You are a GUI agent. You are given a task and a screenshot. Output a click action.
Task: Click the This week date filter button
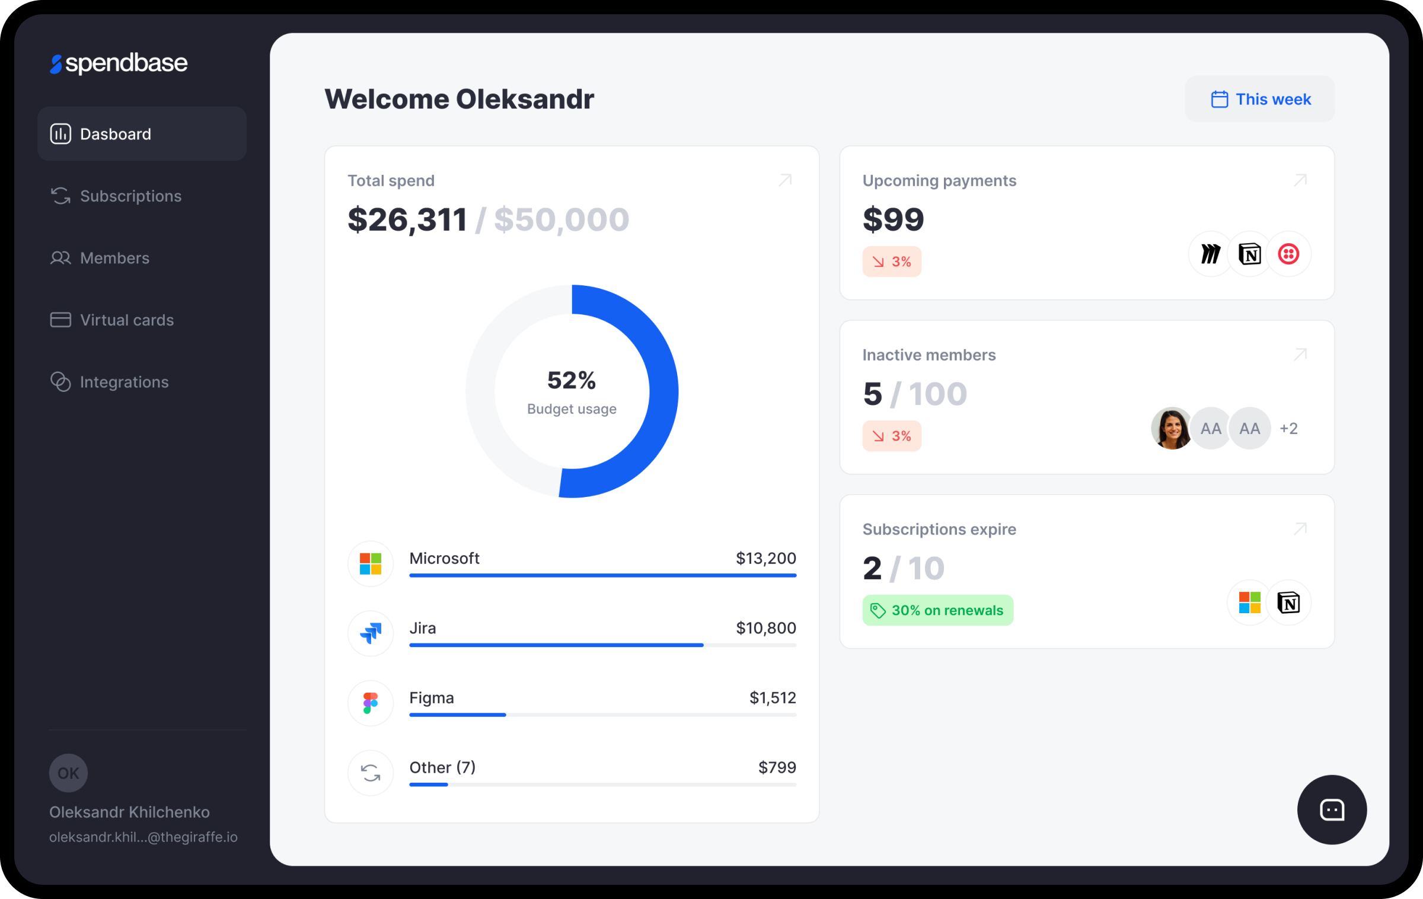1260,99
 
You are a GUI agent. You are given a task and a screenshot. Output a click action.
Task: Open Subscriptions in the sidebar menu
130,196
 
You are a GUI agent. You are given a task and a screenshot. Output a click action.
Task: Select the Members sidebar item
114,258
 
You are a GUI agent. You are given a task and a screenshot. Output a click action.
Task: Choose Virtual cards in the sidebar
126,320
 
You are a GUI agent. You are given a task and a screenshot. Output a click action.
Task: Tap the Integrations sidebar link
124,382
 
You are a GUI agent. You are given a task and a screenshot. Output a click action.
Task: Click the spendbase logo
119,63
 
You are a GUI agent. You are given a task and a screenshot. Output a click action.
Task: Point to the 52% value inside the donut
571,380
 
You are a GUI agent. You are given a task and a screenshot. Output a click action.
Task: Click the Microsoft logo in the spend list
371,563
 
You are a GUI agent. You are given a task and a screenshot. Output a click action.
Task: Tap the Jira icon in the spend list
371,633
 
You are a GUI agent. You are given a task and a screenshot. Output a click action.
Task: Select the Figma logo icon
371,703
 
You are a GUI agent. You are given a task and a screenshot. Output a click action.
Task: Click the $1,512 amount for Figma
773,697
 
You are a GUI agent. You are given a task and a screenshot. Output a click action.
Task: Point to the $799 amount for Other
777,767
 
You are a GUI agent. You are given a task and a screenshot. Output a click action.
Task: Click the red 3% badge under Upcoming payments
892,262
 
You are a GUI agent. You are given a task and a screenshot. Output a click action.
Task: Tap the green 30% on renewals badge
937,610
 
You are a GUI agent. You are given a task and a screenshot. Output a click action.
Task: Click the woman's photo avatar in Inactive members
1171,428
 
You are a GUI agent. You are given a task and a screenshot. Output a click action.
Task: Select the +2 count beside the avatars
1288,428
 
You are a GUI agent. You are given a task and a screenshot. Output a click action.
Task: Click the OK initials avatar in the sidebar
68,773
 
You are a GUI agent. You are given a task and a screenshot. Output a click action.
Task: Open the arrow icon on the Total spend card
785,180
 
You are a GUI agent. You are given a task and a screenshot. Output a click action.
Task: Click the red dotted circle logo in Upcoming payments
1288,254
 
